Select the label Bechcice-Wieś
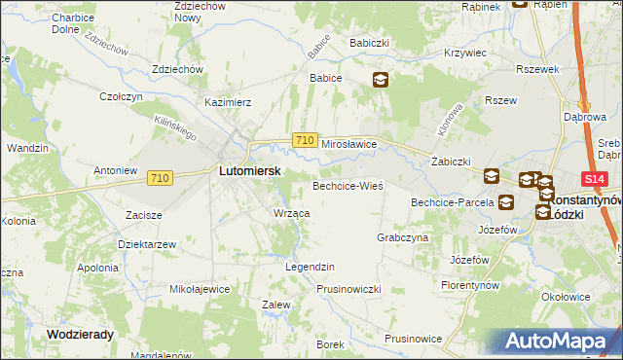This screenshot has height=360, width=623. [x=348, y=185]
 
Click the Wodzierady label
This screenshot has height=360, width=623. [x=81, y=333]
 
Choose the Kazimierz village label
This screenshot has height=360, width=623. [x=228, y=101]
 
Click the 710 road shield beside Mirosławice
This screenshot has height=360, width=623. [x=304, y=141]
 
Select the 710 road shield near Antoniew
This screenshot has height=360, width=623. [x=161, y=178]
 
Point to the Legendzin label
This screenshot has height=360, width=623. [x=310, y=267]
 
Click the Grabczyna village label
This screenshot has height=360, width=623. [x=402, y=236]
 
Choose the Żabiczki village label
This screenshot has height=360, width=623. [x=451, y=162]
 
